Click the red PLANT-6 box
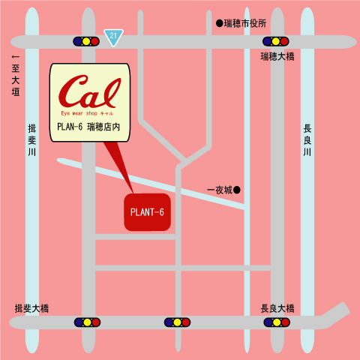(147, 212)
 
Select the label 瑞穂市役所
(246, 24)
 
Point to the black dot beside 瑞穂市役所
(220, 24)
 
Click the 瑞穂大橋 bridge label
(278, 57)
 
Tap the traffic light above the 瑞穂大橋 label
(276, 41)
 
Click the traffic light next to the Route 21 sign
(86, 41)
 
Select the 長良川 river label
(307, 140)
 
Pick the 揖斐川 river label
(31, 139)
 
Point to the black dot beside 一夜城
(237, 190)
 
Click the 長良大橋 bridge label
(277, 308)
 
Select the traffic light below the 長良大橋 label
(277, 322)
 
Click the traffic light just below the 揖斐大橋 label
(87, 322)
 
